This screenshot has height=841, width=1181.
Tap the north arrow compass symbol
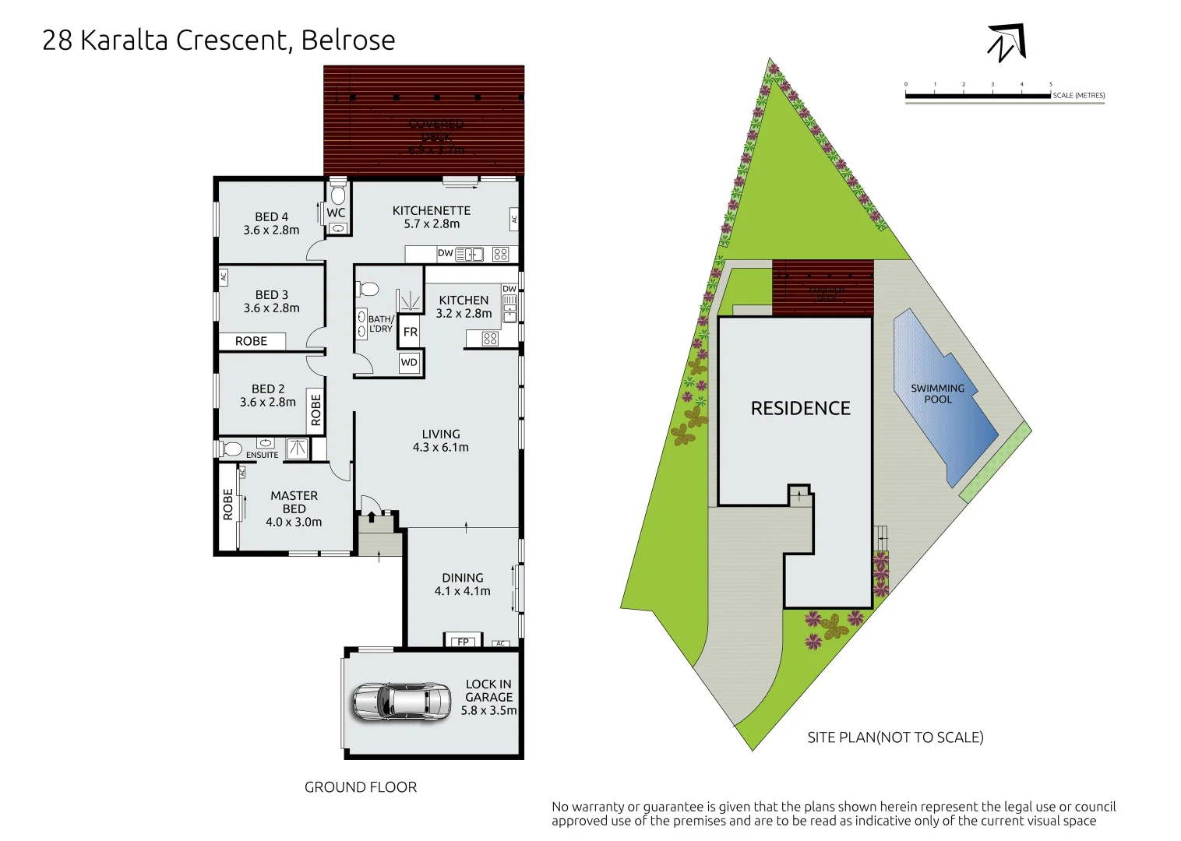click(x=1006, y=43)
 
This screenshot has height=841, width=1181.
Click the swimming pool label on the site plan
click(x=937, y=393)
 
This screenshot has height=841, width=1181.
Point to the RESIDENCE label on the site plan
click(x=800, y=408)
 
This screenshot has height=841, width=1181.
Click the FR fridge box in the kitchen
click(x=411, y=332)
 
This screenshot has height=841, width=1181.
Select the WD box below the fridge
click(x=409, y=362)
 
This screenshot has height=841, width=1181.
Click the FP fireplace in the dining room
click(x=463, y=642)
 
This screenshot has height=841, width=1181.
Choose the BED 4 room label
click(x=271, y=223)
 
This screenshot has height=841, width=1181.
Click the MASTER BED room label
click(x=294, y=508)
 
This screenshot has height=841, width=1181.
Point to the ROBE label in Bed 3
click(x=251, y=341)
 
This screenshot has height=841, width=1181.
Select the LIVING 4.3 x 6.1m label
click(x=441, y=440)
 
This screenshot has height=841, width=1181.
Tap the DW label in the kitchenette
click(x=445, y=253)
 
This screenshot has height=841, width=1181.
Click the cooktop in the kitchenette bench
click(x=500, y=254)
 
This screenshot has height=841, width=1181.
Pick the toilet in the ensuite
click(x=231, y=449)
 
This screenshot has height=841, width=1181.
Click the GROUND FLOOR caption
click(x=361, y=787)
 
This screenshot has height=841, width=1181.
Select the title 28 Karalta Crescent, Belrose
click(x=219, y=40)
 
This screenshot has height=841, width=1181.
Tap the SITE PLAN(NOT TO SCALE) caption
click(x=895, y=737)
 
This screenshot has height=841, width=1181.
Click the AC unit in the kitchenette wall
click(x=514, y=219)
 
